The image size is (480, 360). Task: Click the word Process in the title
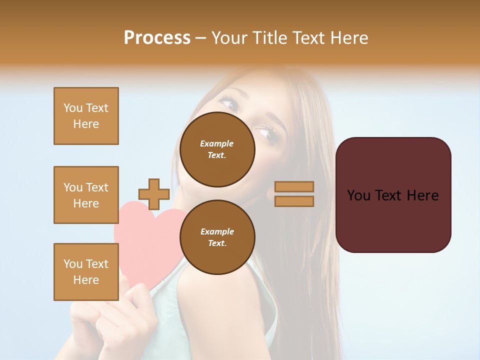[x=157, y=38]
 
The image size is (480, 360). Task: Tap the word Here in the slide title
[x=349, y=38]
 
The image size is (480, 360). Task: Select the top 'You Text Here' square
[x=86, y=116]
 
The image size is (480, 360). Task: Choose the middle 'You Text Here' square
[x=86, y=195]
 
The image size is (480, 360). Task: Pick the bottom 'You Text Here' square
[x=86, y=271]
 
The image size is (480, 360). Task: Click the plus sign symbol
[x=154, y=194]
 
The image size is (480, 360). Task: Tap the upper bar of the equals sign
[x=294, y=186]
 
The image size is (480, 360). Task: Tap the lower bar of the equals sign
[x=294, y=201]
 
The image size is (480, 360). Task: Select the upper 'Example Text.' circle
[x=217, y=149]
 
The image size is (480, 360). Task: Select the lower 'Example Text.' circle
[x=217, y=237]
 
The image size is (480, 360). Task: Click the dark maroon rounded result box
[x=393, y=194]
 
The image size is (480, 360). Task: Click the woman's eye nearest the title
[x=230, y=104]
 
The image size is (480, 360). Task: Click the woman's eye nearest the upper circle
[x=265, y=133]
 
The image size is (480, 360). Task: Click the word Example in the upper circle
[x=216, y=143]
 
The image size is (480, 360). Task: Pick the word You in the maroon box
[x=358, y=195]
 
